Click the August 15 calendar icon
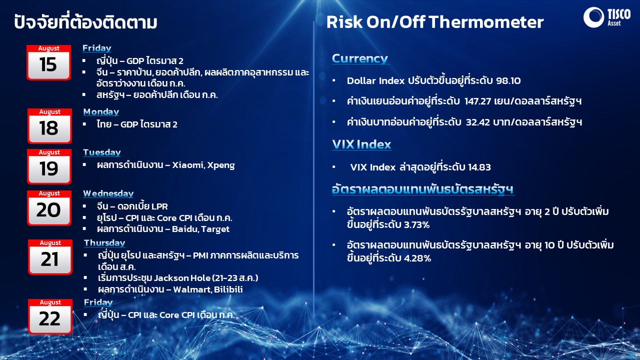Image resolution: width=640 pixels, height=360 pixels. (x=48, y=62)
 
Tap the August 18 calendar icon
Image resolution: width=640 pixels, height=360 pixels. (x=49, y=126)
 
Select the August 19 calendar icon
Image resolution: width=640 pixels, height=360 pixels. (x=49, y=166)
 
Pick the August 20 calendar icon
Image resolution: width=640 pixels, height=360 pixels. (x=49, y=208)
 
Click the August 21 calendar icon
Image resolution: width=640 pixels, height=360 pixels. (x=50, y=257)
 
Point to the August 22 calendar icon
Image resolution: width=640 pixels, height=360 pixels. (x=50, y=316)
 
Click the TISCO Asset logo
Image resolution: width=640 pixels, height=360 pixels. (x=607, y=17)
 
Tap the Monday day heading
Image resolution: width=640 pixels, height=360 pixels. (x=101, y=111)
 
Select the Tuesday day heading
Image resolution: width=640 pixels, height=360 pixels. (x=102, y=152)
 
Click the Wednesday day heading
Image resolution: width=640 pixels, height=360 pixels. (x=108, y=193)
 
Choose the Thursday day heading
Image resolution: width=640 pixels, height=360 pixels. (x=104, y=243)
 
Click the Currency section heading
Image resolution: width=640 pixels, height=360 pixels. (x=360, y=58)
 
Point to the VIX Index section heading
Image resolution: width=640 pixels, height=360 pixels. (x=361, y=144)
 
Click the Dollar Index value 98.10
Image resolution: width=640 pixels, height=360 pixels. (x=508, y=81)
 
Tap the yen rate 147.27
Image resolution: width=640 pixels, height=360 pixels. (x=477, y=101)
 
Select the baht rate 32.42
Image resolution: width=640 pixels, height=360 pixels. (x=478, y=122)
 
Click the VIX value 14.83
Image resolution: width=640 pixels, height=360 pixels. (x=479, y=167)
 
